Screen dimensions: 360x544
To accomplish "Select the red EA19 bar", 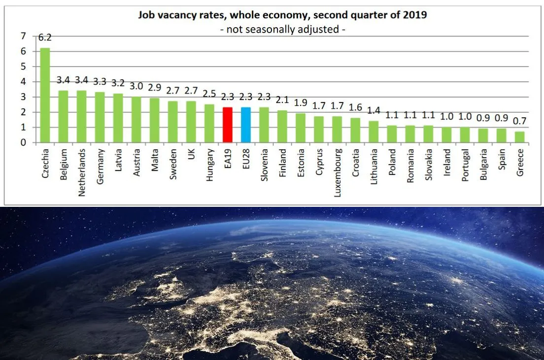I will pyautogui.click(x=227, y=125).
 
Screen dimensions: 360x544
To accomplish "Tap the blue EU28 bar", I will pyautogui.click(x=245, y=125).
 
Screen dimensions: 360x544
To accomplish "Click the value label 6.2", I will pyautogui.click(x=45, y=38).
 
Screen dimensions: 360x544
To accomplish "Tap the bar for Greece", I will pyautogui.click(x=519, y=137).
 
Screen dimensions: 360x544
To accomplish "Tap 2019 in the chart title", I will pyautogui.click(x=417, y=15).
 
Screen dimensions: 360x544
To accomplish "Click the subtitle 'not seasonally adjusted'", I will pyautogui.click(x=283, y=29).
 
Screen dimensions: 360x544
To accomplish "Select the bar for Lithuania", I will pyautogui.click(x=373, y=132).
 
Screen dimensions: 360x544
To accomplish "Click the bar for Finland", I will pyautogui.click(x=282, y=127).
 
